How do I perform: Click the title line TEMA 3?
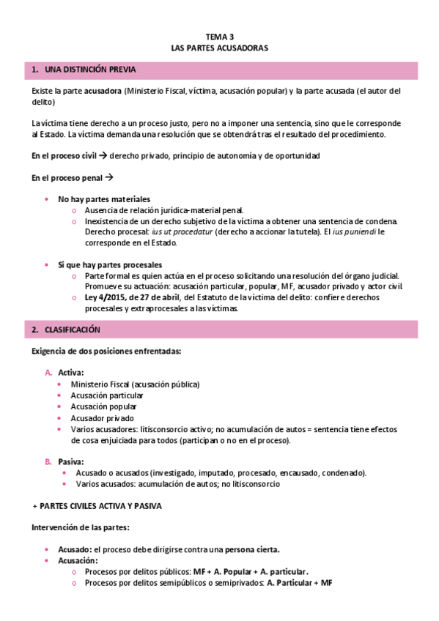pyautogui.click(x=220, y=36)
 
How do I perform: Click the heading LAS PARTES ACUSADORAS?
pyautogui.click(x=220, y=48)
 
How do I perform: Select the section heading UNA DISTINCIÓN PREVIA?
pyautogui.click(x=89, y=70)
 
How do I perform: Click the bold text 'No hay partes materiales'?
pyautogui.click(x=104, y=199)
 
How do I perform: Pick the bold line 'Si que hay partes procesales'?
pyautogui.click(x=110, y=264)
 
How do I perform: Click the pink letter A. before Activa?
pyautogui.click(x=48, y=373)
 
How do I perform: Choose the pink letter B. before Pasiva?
pyautogui.click(x=48, y=461)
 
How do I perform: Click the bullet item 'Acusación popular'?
pyautogui.click(x=103, y=406)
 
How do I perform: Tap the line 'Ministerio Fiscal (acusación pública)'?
pyautogui.click(x=135, y=384)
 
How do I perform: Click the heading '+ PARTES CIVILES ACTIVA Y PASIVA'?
pyautogui.click(x=97, y=505)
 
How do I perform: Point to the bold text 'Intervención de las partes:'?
pyautogui.click(x=81, y=527)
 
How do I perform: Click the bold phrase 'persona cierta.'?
pyautogui.click(x=253, y=549)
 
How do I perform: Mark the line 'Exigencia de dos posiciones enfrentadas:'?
pyautogui.click(x=106, y=352)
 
